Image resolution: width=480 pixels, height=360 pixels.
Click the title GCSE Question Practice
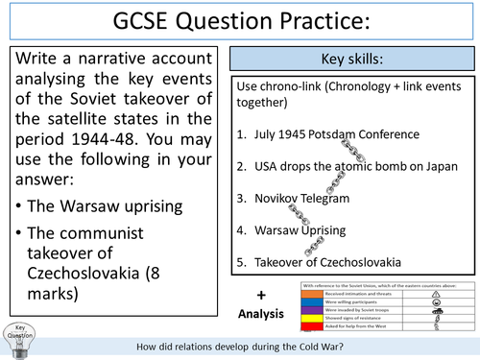pos(239,21)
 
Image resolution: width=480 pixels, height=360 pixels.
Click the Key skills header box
pos(355,60)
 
